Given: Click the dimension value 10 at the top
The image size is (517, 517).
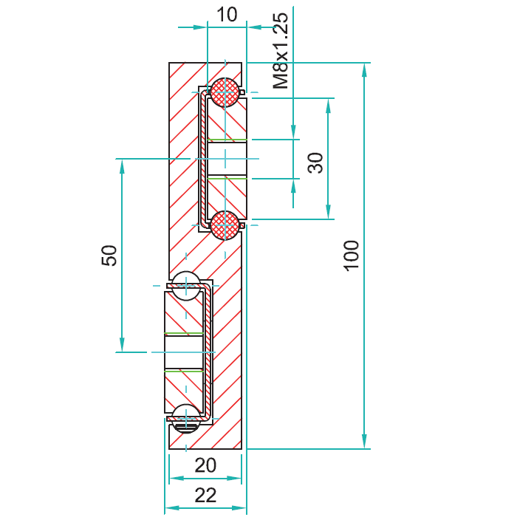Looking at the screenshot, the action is [x=227, y=15].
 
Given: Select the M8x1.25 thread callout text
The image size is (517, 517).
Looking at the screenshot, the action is [x=281, y=51].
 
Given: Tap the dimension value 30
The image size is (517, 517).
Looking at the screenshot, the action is [x=315, y=163].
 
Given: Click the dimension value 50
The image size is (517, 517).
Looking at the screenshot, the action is [x=109, y=256].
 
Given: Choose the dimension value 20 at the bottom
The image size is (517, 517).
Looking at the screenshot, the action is [x=205, y=465].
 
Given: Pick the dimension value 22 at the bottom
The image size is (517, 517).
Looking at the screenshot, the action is [x=205, y=495].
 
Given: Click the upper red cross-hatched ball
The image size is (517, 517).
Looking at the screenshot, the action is [x=225, y=92].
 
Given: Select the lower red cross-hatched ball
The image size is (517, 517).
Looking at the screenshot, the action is [x=225, y=225].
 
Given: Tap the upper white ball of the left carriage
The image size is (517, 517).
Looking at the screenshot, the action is [x=186, y=286].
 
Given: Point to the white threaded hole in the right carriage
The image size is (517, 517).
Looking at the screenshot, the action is [x=227, y=159].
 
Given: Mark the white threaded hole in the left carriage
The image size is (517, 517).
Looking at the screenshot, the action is [x=184, y=352].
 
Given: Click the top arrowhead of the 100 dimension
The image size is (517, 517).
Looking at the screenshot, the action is [x=364, y=69].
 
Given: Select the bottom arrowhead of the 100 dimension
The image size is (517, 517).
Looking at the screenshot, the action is [x=364, y=442].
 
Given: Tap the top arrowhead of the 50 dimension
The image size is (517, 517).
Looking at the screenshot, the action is [x=123, y=166].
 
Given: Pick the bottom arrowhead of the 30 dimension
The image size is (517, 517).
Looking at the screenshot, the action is [x=328, y=212].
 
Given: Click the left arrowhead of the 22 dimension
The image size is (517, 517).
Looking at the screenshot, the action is [x=172, y=508].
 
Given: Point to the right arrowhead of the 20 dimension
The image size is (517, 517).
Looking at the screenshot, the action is [x=234, y=478].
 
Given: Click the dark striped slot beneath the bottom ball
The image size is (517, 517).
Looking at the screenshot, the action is [x=186, y=428].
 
